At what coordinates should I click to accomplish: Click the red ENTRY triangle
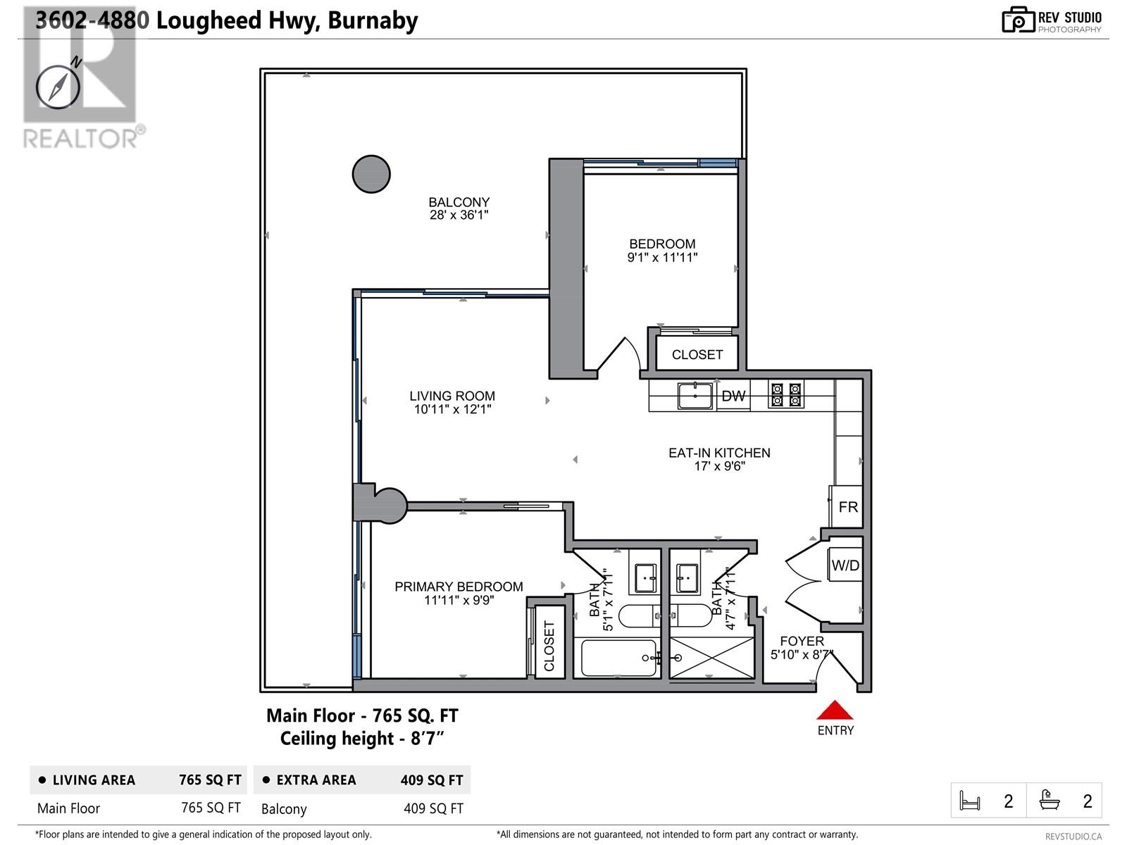tap(835, 711)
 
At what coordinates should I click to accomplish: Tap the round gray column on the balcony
tap(371, 174)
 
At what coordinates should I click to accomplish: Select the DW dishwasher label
tap(733, 396)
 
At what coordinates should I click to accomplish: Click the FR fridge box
tap(847, 507)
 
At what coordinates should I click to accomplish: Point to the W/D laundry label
tap(845, 565)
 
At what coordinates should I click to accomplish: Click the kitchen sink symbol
tap(695, 396)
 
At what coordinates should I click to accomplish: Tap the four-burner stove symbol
tap(786, 395)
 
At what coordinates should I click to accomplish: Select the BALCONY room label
tap(459, 202)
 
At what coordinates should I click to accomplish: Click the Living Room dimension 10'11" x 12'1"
tap(452, 409)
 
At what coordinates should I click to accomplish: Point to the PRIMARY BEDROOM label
tap(459, 587)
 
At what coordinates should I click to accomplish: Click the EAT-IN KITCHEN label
tap(719, 453)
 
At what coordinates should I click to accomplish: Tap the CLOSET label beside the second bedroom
tap(697, 355)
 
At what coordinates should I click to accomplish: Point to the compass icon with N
tap(58, 86)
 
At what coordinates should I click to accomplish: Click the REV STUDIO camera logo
tap(1017, 20)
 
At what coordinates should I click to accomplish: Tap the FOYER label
tap(802, 641)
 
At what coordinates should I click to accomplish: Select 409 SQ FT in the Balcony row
tap(433, 808)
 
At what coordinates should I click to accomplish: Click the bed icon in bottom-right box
tap(970, 801)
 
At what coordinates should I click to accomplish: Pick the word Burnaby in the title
tap(373, 20)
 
